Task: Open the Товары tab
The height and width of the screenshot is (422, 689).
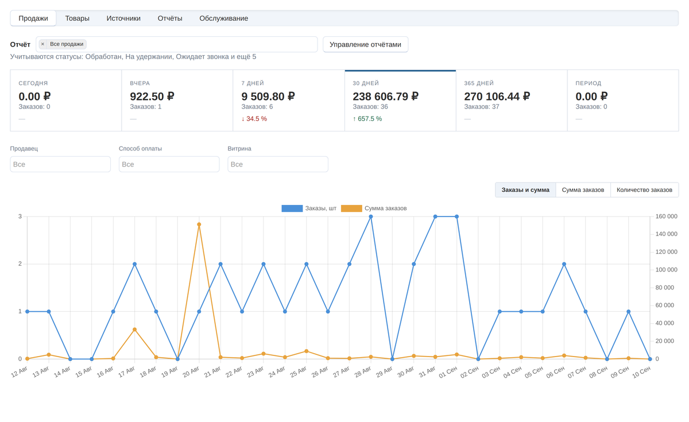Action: point(77,18)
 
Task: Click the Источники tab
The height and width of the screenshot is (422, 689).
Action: point(123,18)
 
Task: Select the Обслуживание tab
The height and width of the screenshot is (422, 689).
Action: point(223,18)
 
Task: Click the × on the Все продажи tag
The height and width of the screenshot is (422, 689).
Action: point(42,44)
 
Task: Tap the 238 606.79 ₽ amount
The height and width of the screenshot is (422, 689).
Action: point(385,96)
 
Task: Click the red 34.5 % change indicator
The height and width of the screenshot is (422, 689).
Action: point(254,119)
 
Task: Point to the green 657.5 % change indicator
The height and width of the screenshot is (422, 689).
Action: point(367,119)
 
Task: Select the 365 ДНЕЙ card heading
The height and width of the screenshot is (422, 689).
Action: point(479,83)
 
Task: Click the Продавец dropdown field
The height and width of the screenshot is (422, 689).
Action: point(60,164)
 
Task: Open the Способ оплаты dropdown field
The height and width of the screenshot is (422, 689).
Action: point(169,164)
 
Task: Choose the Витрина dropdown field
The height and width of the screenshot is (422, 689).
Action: point(278,164)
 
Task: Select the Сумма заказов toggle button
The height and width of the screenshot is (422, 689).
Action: point(583,190)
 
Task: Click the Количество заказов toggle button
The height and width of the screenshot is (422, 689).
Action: point(644,190)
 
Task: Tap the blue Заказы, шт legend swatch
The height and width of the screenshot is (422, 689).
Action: point(292,208)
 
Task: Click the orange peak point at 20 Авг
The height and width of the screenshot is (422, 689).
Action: point(199,224)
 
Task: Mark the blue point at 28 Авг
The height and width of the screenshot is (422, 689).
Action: point(371,216)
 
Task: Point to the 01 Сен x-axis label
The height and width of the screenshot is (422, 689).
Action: point(448,373)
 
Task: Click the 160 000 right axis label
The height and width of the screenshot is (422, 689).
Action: point(666,216)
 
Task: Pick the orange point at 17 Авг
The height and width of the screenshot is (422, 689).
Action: point(134,330)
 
